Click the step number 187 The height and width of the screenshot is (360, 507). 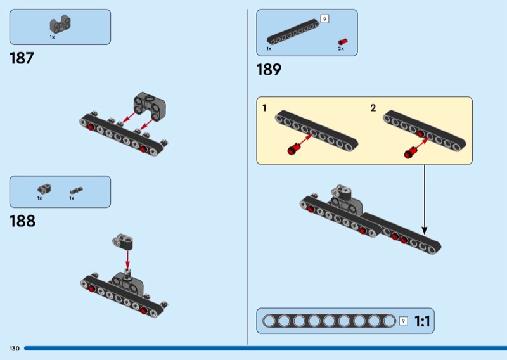point(22,59)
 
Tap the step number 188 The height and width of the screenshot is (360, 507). point(22,221)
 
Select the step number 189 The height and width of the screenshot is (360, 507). point(269,70)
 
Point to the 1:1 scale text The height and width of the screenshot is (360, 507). point(422,321)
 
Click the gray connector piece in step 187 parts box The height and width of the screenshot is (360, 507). point(60,25)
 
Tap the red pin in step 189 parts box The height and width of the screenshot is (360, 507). point(342,41)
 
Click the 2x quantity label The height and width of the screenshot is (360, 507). point(341,49)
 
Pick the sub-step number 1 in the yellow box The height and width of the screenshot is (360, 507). point(264,108)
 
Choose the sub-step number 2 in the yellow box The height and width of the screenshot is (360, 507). point(373,108)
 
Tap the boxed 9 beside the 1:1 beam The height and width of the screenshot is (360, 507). point(404,321)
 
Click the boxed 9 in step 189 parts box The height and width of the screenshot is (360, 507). point(324,19)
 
